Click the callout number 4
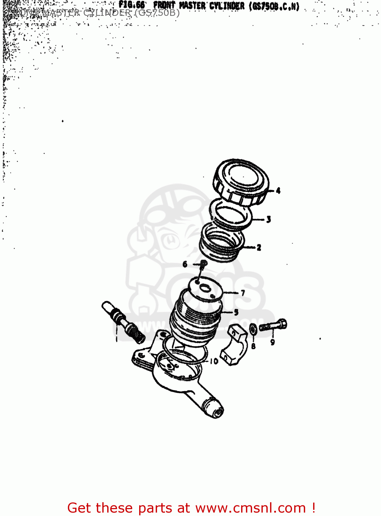(278, 190)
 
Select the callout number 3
(268, 219)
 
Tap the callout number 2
(259, 247)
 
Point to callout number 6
(185, 264)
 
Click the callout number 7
(243, 293)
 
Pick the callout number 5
(236, 312)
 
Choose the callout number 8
(253, 346)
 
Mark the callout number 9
(272, 342)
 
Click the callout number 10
(214, 361)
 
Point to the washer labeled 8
(253, 329)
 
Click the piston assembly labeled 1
(123, 321)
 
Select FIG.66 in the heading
(132, 5)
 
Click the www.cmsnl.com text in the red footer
(250, 508)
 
